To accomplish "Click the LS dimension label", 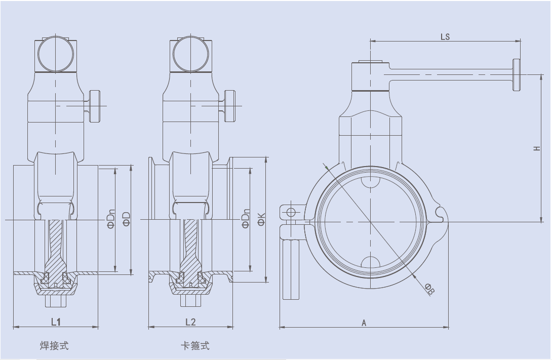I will [445, 37].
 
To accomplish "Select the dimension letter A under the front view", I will [364, 323].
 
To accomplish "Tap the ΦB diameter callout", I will [430, 290].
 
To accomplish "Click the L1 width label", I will [56, 322].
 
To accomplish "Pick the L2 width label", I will [190, 322].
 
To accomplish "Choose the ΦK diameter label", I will [261, 219].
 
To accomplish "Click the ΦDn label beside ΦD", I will [111, 219].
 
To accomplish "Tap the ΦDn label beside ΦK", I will [246, 219].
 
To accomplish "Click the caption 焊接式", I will [54, 346].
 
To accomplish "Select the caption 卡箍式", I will [195, 346].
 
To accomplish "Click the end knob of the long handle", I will [517, 75].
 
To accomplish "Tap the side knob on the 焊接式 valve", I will [95, 106].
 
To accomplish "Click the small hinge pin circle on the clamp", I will [292, 211].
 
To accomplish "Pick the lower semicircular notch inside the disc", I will [370, 261].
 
